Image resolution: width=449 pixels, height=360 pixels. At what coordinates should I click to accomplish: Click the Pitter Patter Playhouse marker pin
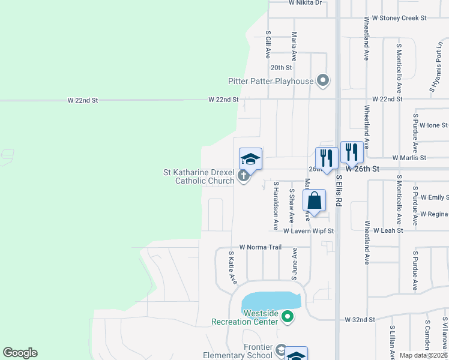click(x=324, y=80)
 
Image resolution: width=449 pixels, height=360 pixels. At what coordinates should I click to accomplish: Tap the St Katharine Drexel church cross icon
click(x=243, y=176)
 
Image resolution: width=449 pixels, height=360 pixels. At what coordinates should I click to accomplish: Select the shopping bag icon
click(x=315, y=200)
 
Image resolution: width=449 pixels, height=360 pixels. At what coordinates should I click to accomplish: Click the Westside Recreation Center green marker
click(x=288, y=316)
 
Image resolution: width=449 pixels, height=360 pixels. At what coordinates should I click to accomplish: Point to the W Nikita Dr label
click(x=305, y=3)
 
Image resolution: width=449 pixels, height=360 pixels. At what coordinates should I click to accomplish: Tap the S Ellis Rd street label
click(x=339, y=191)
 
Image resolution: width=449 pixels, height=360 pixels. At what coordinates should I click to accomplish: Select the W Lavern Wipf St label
click(x=308, y=230)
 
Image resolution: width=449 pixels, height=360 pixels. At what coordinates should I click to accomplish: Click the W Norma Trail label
click(x=261, y=247)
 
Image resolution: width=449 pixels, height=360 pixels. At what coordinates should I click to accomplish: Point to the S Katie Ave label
click(x=230, y=268)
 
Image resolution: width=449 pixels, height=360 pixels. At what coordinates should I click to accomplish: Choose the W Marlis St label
click(x=409, y=158)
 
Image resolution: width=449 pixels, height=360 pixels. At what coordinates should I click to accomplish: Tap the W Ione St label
click(x=430, y=125)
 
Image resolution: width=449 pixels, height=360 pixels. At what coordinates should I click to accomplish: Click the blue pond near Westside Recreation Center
click(x=270, y=300)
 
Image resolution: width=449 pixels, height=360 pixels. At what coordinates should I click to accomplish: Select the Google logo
click(x=20, y=353)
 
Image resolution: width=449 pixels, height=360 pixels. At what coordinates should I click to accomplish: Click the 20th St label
click(x=281, y=68)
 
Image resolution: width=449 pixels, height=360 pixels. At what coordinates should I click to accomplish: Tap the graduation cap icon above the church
click(x=250, y=159)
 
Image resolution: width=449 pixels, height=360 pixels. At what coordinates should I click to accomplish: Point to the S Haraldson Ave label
click(x=276, y=206)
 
